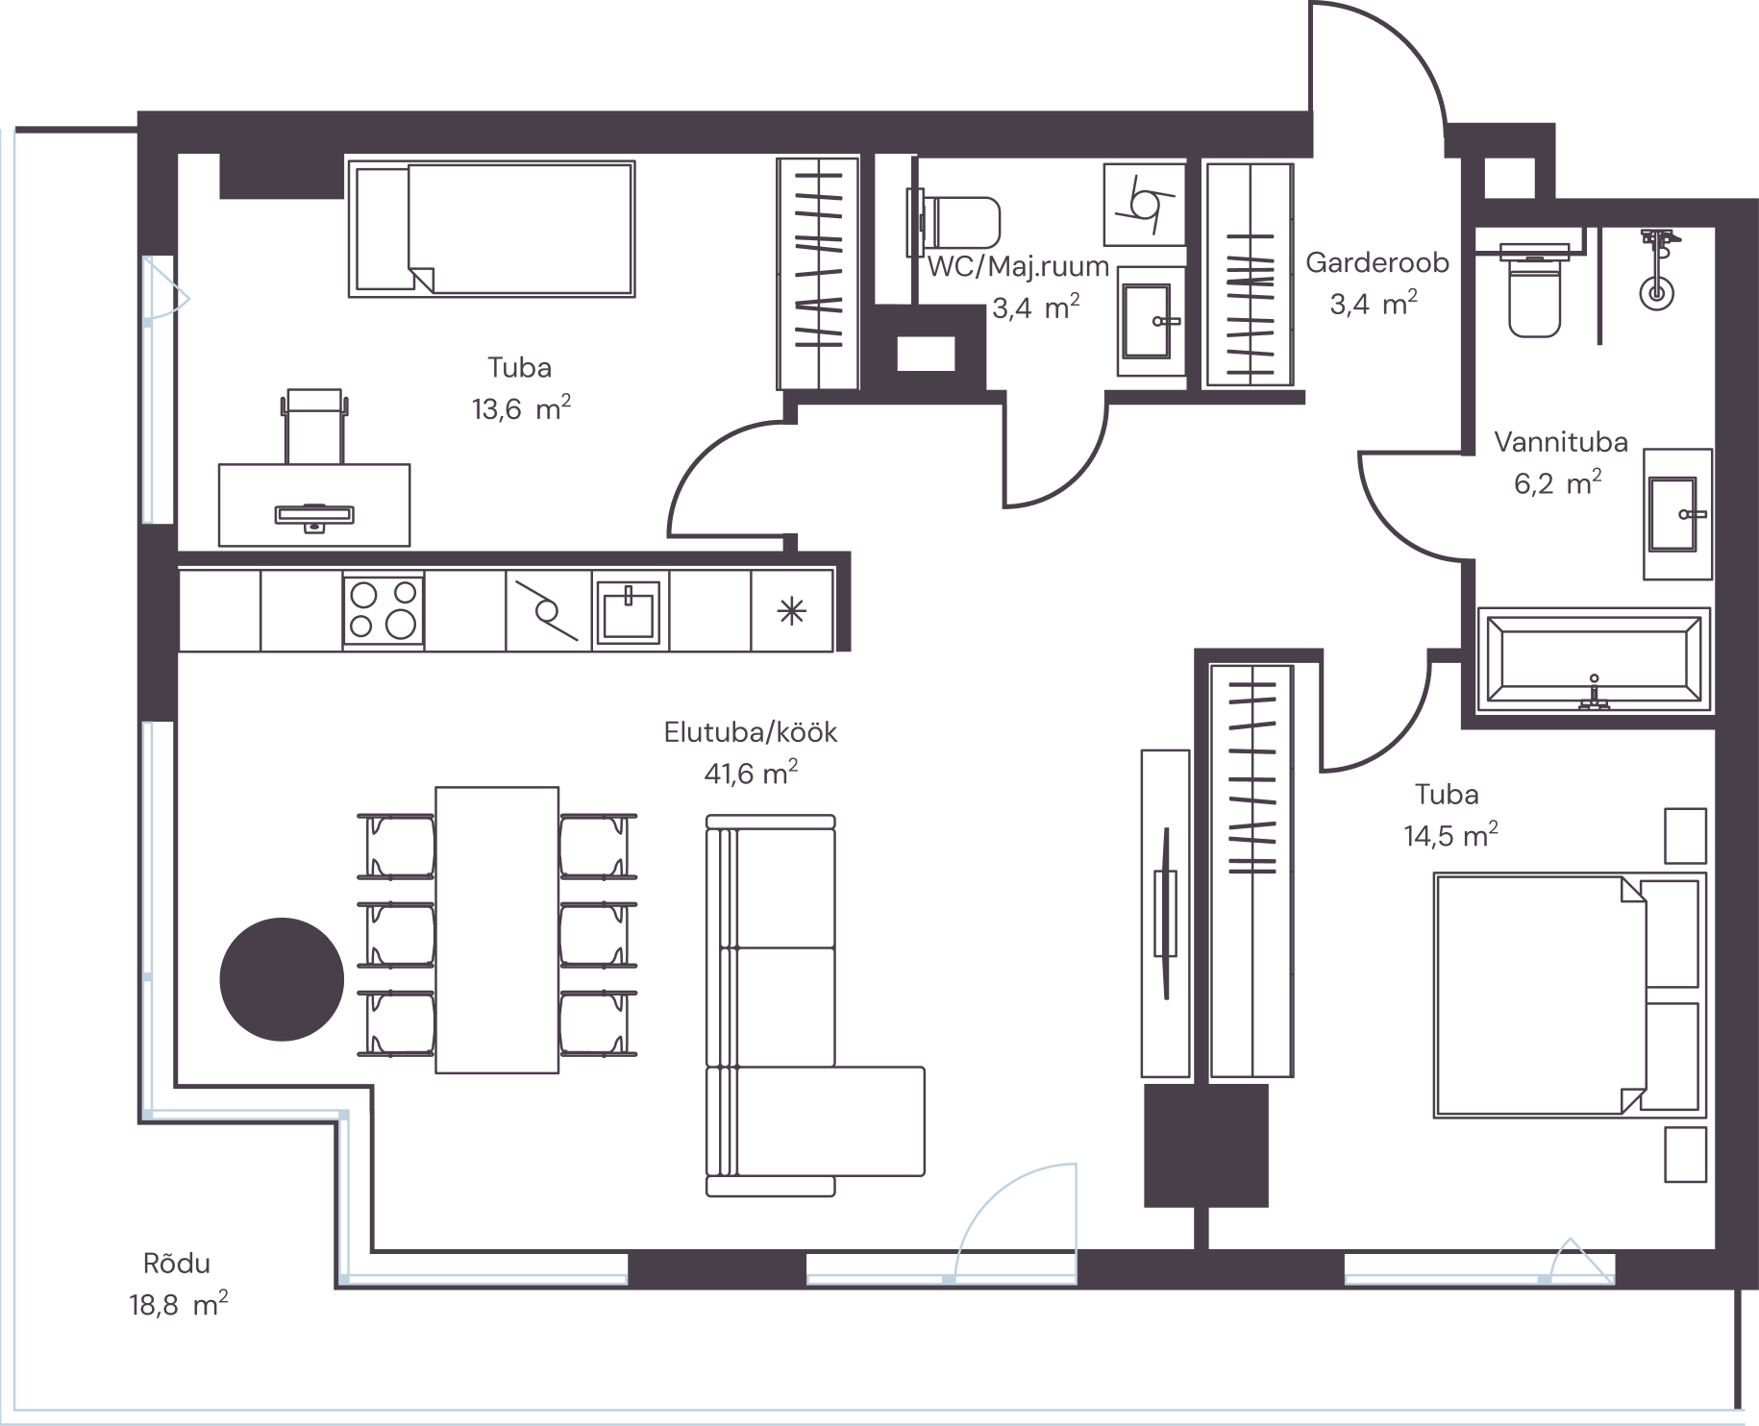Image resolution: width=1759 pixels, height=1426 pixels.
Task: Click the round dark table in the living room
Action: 282,979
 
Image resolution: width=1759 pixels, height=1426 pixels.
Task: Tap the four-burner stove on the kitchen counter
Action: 384,611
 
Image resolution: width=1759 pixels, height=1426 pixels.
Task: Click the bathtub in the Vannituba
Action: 1594,660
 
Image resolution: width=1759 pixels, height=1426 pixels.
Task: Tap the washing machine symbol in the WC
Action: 1144,205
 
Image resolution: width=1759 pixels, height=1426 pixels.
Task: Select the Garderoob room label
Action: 1376,262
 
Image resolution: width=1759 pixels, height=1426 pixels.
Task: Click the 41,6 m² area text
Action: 751,774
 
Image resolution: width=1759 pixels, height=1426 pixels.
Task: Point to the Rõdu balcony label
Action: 176,1264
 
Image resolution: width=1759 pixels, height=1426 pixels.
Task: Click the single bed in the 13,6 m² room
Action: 491,229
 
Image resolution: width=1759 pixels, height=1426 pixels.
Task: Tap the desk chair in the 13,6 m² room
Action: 314,425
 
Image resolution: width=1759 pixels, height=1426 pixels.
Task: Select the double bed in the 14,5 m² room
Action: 1570,995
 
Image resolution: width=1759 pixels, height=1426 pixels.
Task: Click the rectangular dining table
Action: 497,930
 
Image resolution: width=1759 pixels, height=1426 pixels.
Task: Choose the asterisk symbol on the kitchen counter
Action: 792,612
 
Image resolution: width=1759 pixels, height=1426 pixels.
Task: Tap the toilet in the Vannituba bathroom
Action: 1535,290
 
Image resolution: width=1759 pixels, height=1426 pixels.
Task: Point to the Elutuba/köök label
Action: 751,732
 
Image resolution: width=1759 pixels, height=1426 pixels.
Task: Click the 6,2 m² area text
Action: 1558,482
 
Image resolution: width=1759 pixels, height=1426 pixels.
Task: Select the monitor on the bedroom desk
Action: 314,516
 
